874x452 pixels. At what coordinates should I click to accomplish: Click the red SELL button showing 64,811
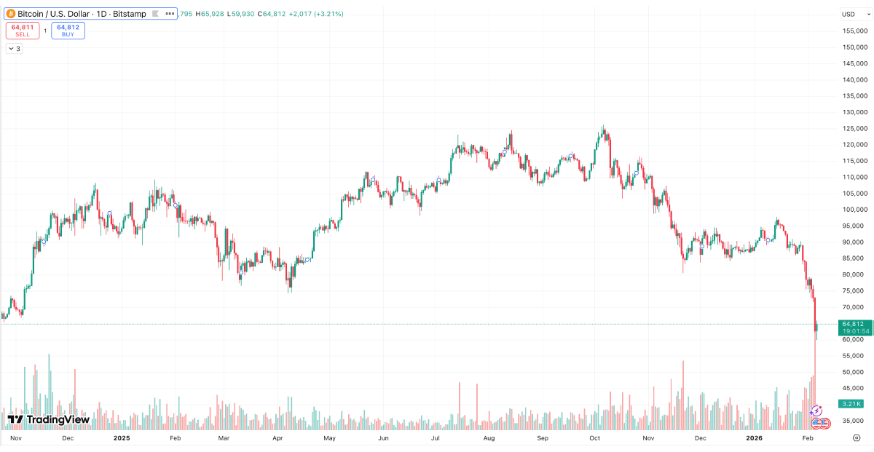[x=22, y=30]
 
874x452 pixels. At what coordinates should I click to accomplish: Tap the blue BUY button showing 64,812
[x=68, y=30]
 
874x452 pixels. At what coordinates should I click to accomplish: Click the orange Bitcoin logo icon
[x=11, y=14]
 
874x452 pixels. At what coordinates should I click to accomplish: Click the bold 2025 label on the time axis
[x=122, y=439]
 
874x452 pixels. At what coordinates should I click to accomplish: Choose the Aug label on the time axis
[x=489, y=439]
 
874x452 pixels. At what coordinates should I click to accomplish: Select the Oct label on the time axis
[x=594, y=439]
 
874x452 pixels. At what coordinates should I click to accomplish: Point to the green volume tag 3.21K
[x=851, y=404]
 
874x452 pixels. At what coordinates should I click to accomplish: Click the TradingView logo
[x=48, y=419]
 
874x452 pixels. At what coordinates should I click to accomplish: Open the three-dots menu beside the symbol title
[x=170, y=14]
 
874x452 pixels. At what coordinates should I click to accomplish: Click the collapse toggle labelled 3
[x=14, y=49]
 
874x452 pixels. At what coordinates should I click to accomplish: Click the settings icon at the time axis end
[x=857, y=438]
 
